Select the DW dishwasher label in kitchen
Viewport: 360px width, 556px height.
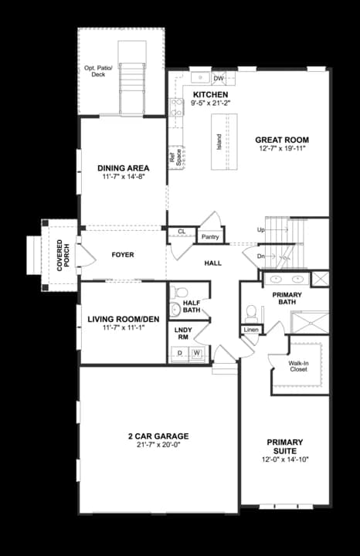pyautogui.click(x=219, y=79)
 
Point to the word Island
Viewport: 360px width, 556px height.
pyautogui.click(x=219, y=141)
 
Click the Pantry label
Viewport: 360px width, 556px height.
pyautogui.click(x=209, y=237)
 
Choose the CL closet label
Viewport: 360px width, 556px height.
pyautogui.click(x=182, y=231)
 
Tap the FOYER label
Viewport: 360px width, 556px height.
pyautogui.click(x=123, y=254)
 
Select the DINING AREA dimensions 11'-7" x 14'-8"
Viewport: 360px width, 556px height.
pyautogui.click(x=121, y=177)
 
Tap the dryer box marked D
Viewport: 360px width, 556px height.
pyautogui.click(x=180, y=353)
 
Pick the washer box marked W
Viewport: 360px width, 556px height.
pyautogui.click(x=197, y=353)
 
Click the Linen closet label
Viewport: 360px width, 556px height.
pyautogui.click(x=251, y=330)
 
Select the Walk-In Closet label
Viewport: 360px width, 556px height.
pyautogui.click(x=298, y=366)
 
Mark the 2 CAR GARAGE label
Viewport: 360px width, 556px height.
pyautogui.click(x=158, y=436)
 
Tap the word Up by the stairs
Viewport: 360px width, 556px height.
pyautogui.click(x=261, y=230)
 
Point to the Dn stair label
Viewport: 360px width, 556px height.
pyautogui.click(x=260, y=256)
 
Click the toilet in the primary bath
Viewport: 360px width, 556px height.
pyautogui.click(x=250, y=311)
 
